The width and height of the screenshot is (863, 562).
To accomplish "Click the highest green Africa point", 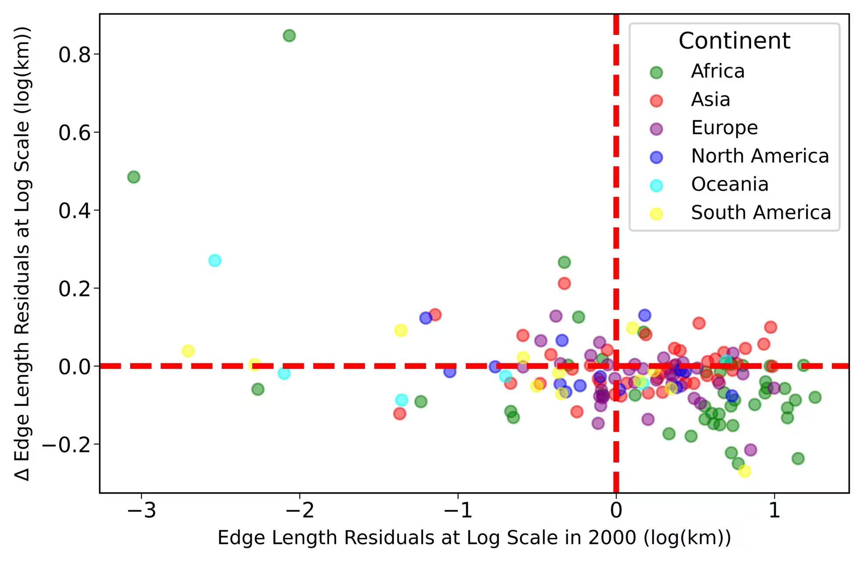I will click(x=289, y=36).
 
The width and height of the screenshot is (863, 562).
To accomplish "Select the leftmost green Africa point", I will click(x=134, y=177).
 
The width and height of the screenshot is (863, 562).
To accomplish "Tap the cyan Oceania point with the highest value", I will click(x=215, y=260).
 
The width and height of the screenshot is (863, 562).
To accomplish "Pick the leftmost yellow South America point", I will click(x=188, y=351).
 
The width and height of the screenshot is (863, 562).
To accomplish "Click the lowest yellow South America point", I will click(x=745, y=471).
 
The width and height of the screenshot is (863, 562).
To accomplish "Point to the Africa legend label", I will click(x=718, y=71).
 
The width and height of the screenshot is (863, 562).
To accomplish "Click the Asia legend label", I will click(x=711, y=100).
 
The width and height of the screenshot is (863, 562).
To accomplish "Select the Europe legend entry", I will click(x=724, y=128).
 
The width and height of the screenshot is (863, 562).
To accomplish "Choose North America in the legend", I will click(x=760, y=156).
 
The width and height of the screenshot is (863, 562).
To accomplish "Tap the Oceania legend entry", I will click(x=730, y=184).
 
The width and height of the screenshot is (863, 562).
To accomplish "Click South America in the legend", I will click(x=761, y=213).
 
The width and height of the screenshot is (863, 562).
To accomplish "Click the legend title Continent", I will click(x=734, y=41).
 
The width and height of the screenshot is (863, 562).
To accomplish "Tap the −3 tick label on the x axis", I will click(x=141, y=511).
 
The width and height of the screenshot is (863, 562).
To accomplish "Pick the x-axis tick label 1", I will click(x=774, y=511).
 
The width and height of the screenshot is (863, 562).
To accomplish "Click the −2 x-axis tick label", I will click(x=300, y=511).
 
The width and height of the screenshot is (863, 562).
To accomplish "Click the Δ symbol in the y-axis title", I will click(x=22, y=473).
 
